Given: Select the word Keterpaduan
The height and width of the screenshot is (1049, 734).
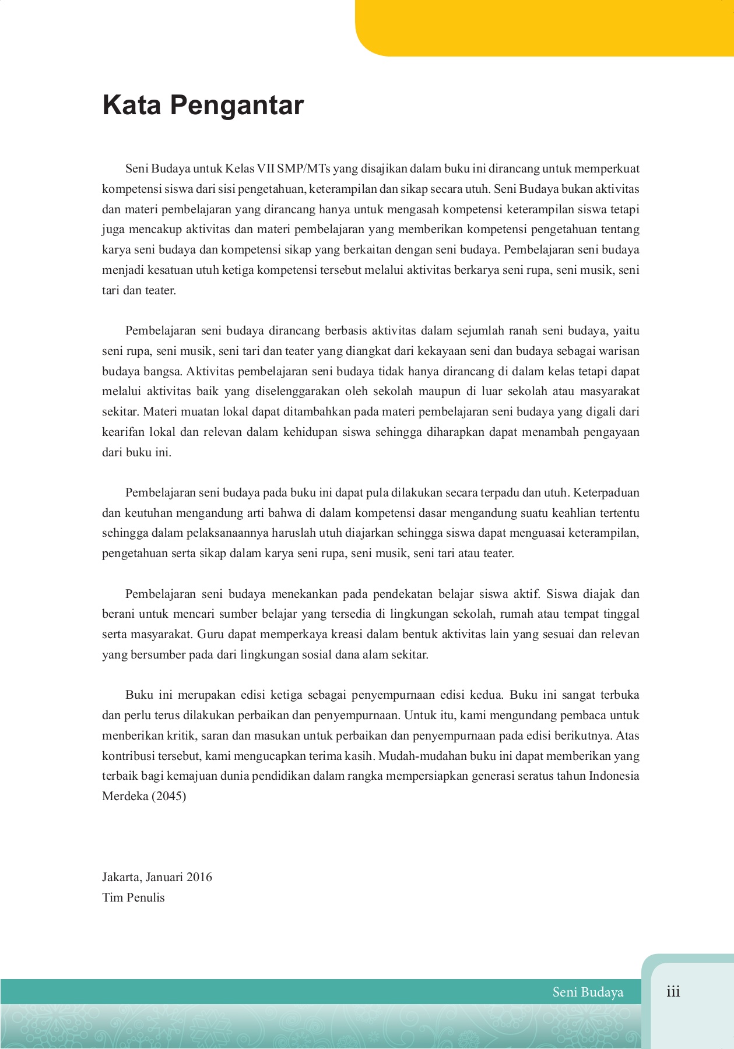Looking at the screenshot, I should pyautogui.click(x=606, y=492).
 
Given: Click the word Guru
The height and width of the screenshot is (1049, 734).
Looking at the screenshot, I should pyautogui.click(x=210, y=634).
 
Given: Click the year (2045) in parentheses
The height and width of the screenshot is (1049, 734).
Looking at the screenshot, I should pyautogui.click(x=169, y=796).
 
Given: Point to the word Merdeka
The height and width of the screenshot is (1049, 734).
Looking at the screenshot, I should pyautogui.click(x=125, y=796).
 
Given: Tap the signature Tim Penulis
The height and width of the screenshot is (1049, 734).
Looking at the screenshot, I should pyautogui.click(x=134, y=897).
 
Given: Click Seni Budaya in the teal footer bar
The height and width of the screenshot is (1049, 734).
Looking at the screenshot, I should pyautogui.click(x=588, y=992).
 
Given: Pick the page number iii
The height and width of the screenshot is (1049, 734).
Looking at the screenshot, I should pyautogui.click(x=673, y=991).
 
